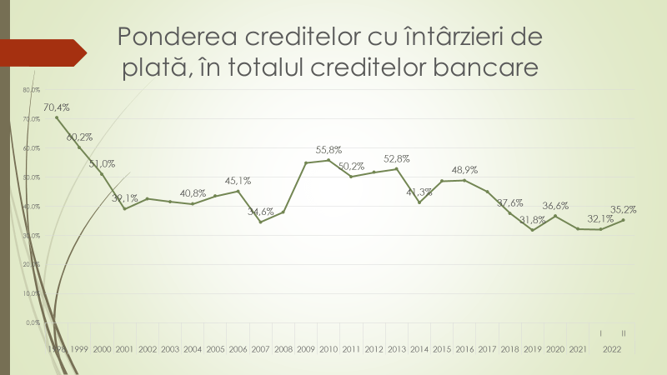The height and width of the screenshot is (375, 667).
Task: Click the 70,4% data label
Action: tap(57, 107)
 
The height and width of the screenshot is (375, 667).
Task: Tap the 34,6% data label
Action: tap(261, 212)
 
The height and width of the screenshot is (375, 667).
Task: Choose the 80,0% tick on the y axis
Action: tap(32, 90)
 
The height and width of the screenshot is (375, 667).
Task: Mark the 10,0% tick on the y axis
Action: tap(32, 293)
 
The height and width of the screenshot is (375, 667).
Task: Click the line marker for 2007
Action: tap(261, 222)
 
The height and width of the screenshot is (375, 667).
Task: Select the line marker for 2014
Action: tap(419, 202)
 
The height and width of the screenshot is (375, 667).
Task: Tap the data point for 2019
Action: tap(532, 230)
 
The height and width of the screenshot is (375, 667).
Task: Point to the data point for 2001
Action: tap(124, 208)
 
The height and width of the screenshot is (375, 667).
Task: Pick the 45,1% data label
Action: tap(238, 181)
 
